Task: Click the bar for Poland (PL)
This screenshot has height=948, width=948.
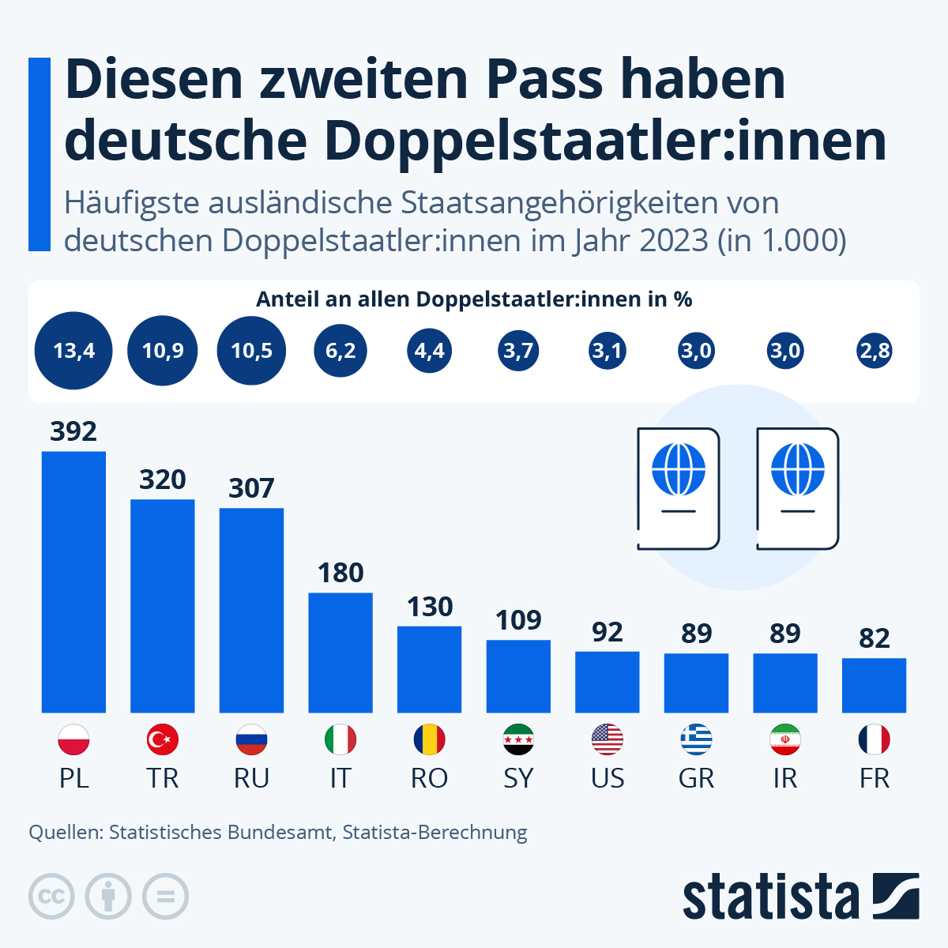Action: click(x=73, y=581)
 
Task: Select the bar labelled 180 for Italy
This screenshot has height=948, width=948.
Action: click(x=340, y=653)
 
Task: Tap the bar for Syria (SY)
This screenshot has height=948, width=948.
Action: click(x=518, y=676)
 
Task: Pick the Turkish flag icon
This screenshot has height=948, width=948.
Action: click(x=163, y=740)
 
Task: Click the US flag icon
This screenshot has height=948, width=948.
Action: click(x=608, y=740)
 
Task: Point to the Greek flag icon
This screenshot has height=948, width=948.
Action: click(x=696, y=740)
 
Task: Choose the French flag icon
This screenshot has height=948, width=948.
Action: click(x=874, y=740)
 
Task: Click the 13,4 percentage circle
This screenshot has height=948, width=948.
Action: click(x=73, y=350)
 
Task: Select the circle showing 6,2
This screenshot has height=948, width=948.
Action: click(x=340, y=350)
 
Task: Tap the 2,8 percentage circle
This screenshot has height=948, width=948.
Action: click(x=874, y=350)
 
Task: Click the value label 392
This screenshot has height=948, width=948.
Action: click(x=73, y=431)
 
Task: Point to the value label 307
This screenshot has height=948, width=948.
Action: click(x=251, y=488)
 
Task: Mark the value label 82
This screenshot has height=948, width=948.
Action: click(x=874, y=638)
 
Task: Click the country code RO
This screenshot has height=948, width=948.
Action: click(x=429, y=778)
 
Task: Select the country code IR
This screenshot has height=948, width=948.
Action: click(x=785, y=778)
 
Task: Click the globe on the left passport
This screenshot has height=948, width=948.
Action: click(x=678, y=469)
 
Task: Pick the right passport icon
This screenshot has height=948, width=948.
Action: click(x=797, y=488)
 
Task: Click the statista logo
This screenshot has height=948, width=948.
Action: click(x=800, y=897)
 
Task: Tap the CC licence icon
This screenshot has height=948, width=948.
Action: click(x=51, y=897)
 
